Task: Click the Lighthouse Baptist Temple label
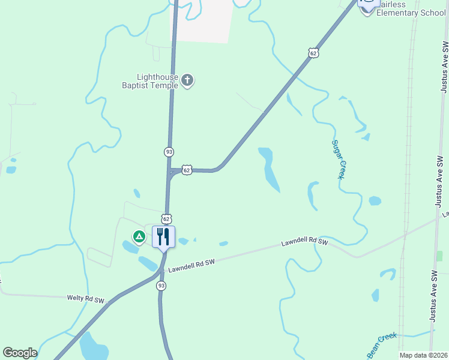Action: pyautogui.click(x=157, y=81)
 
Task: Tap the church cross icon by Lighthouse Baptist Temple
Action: pyautogui.click(x=187, y=80)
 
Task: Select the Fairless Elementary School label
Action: pyautogui.click(x=411, y=8)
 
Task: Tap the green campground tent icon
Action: pyautogui.click(x=139, y=237)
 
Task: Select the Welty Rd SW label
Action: pyautogui.click(x=85, y=299)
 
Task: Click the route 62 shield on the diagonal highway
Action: pyautogui.click(x=313, y=53)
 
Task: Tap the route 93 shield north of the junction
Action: pyautogui.click(x=169, y=152)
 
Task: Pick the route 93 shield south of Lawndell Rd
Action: pyautogui.click(x=161, y=286)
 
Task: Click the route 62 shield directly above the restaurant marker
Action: pyautogui.click(x=166, y=218)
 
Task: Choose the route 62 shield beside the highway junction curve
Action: pyautogui.click(x=187, y=170)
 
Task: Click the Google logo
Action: pyautogui.click(x=20, y=353)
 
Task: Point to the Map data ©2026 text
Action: pyautogui.click(x=423, y=355)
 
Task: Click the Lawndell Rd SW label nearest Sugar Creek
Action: pyautogui.click(x=305, y=242)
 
